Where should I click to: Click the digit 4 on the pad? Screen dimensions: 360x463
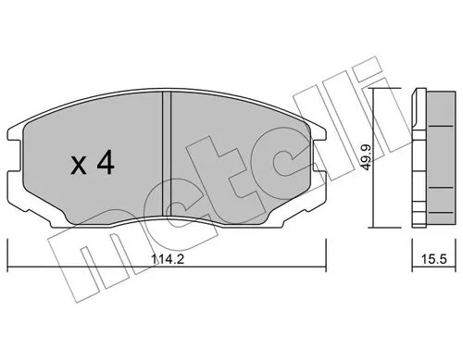105,166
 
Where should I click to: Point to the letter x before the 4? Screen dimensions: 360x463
81,168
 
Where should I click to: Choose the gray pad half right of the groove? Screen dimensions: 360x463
231,148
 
